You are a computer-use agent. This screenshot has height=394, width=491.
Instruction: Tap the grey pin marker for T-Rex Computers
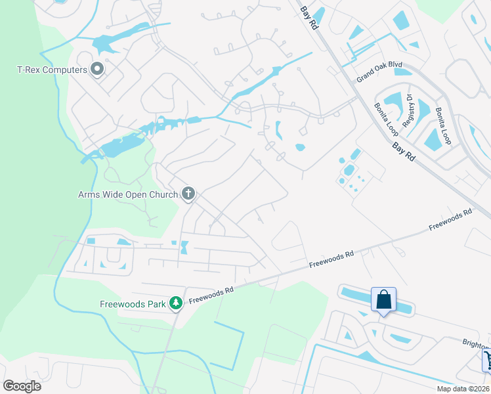click(98, 69)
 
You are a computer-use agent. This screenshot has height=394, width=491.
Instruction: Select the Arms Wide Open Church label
click(128, 194)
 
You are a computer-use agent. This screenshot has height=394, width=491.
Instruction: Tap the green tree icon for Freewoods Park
click(175, 303)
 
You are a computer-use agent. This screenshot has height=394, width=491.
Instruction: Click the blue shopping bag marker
click(383, 299)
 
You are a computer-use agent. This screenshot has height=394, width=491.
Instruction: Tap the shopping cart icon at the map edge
click(487, 359)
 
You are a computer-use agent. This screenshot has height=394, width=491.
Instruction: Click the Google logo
click(22, 386)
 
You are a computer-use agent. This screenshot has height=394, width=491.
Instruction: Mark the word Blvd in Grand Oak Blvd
click(395, 66)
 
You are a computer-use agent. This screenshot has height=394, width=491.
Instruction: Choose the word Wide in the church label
click(116, 194)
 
